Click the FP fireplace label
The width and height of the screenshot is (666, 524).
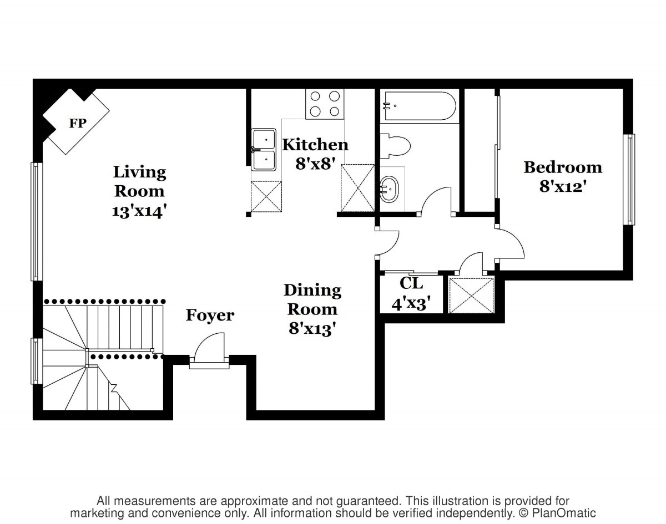77,123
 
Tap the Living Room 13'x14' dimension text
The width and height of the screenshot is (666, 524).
139,212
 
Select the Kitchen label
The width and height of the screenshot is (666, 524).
315,145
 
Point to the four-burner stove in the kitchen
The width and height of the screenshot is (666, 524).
325,104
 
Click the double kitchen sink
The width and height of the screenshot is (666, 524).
264,150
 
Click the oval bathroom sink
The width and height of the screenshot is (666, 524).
389,189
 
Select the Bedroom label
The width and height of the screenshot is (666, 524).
563,167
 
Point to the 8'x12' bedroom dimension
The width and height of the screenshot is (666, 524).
563,186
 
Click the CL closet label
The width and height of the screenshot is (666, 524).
411,283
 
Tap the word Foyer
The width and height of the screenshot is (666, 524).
210,316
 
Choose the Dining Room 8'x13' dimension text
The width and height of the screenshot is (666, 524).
312,328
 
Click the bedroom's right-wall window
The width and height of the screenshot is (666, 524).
629,180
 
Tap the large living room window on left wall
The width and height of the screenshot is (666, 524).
37,221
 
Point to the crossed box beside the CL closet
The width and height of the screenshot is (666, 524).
471,296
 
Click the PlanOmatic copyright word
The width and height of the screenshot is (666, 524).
563,513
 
